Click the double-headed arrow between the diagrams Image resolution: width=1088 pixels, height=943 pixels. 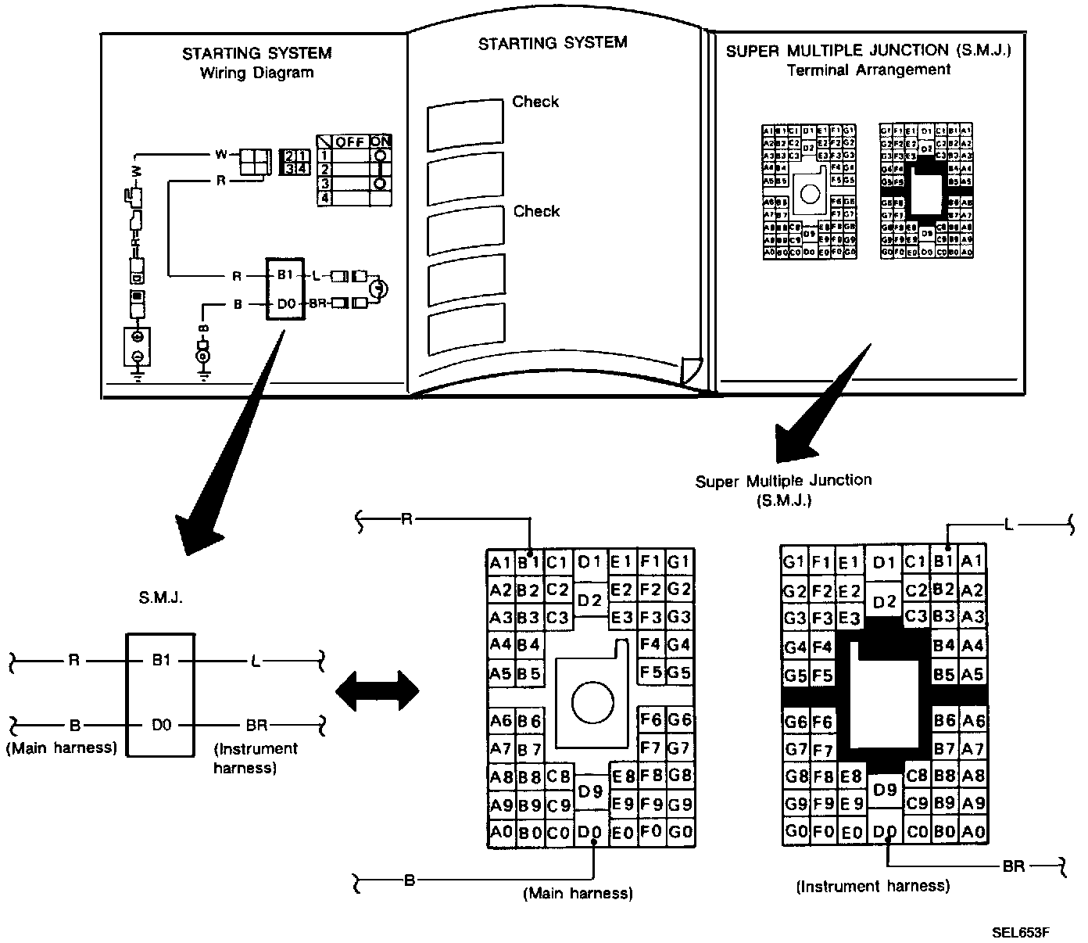[x=377, y=690]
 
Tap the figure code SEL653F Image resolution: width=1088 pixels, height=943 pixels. [x=1020, y=932]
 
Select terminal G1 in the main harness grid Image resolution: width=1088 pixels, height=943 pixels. [x=680, y=561]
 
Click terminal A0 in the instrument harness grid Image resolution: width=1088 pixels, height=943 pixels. [x=973, y=831]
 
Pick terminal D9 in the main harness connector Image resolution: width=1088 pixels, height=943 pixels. [x=591, y=791]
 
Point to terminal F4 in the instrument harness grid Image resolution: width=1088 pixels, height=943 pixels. [x=821, y=647]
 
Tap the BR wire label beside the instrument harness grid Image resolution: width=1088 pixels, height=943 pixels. [x=1015, y=866]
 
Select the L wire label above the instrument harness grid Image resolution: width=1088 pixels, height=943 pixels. [x=1008, y=525]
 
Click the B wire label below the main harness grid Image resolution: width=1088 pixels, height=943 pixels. [x=408, y=881]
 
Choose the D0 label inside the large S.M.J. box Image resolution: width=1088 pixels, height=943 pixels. [x=161, y=726]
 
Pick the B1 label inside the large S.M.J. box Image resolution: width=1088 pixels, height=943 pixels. [x=161, y=661]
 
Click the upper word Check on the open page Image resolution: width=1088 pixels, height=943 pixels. [x=535, y=102]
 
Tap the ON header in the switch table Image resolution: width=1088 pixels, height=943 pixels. [x=381, y=142]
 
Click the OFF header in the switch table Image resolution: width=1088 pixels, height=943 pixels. [x=350, y=142]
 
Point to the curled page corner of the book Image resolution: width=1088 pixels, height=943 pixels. [x=691, y=369]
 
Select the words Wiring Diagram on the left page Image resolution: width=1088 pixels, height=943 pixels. [x=256, y=74]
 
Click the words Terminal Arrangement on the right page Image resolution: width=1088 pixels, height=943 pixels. [x=868, y=70]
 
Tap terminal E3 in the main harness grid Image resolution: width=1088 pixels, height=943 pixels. [x=622, y=618]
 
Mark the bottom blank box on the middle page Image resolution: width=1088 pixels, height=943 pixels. [x=466, y=333]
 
